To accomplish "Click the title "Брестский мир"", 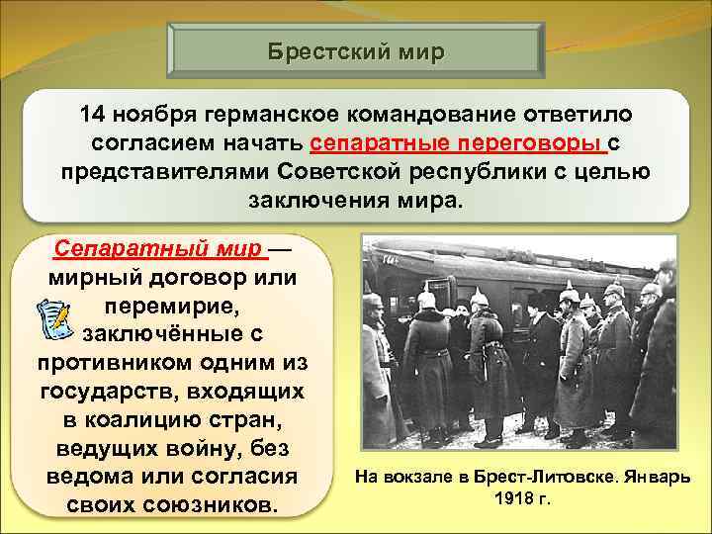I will click(357, 50).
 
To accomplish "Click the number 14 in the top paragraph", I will click(93, 116).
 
